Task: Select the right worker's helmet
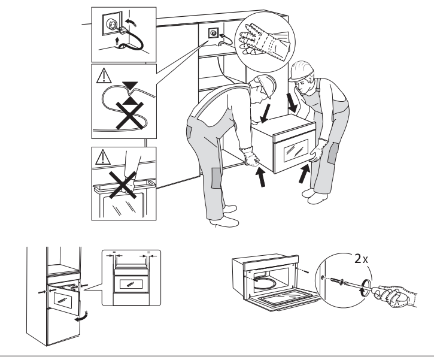(x=304, y=71)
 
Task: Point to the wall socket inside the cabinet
(x=213, y=35)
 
